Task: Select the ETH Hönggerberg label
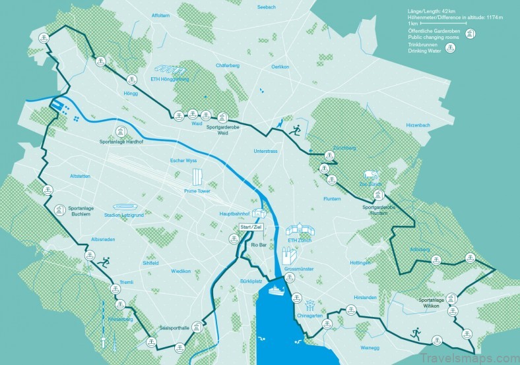pos(170,79)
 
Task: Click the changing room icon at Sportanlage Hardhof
pos(121,130)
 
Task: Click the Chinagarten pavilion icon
pos(309,305)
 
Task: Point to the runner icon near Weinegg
pos(415,332)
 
